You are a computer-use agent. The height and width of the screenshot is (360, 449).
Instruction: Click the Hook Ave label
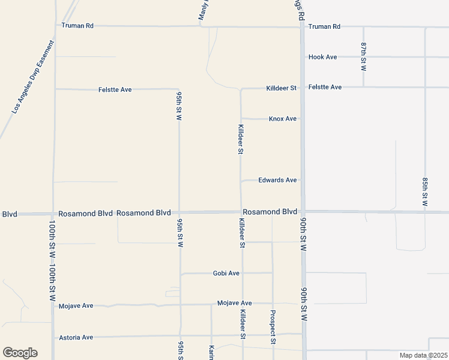[x=322, y=57]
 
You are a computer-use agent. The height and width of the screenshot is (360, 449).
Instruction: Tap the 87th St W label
[x=364, y=56]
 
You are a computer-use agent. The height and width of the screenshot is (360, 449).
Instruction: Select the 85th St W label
[x=424, y=192]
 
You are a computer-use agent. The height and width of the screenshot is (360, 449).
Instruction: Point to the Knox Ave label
[x=282, y=119]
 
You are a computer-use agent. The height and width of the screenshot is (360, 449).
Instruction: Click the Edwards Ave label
[x=277, y=180]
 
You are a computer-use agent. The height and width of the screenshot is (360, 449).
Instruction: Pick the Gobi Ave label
[x=226, y=273]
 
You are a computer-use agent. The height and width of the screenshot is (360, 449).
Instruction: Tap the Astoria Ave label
[x=76, y=337]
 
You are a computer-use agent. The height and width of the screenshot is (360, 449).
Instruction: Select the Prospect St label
[x=273, y=327]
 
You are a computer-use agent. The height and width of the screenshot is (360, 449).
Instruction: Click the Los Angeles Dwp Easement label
[x=33, y=77]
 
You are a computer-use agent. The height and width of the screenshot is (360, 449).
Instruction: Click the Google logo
[x=20, y=353]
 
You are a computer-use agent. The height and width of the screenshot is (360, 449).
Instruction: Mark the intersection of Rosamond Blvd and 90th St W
[x=303, y=212]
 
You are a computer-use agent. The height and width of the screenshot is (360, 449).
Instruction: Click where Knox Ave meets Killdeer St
[x=241, y=119]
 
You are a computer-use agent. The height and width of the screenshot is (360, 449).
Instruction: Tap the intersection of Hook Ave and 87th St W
[x=364, y=57]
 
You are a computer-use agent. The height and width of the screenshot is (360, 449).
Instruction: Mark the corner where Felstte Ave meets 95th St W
[x=179, y=89]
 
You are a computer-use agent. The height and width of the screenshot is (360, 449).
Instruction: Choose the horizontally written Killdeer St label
[x=282, y=88]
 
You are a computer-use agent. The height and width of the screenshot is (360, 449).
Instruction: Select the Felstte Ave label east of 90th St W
[x=325, y=87]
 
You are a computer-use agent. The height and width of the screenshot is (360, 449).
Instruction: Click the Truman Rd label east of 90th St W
[x=324, y=26]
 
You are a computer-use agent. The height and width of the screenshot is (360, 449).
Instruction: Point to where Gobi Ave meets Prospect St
[x=273, y=273]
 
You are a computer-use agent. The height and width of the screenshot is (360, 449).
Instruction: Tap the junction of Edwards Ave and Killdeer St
[x=241, y=180]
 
